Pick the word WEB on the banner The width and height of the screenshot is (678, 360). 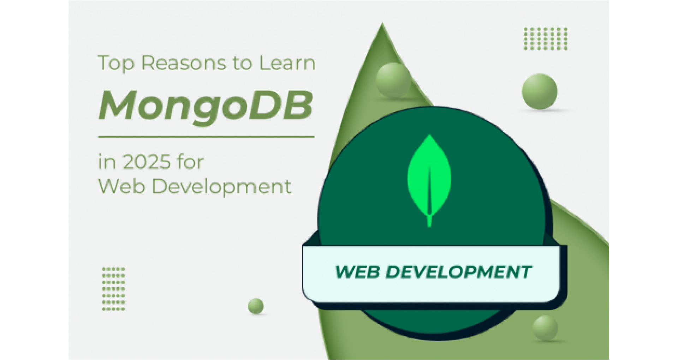[x=357, y=272]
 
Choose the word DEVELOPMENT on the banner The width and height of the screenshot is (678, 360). [x=458, y=272]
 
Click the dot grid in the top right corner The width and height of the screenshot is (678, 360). [x=546, y=39]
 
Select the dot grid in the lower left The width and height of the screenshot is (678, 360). [x=113, y=289]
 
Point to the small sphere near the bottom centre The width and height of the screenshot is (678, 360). [x=256, y=306]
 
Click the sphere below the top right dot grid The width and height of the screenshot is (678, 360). [x=540, y=91]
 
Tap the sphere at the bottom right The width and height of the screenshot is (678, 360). [x=545, y=328]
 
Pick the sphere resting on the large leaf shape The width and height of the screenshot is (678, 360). [x=393, y=80]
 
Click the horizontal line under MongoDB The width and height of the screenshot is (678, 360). [x=206, y=137]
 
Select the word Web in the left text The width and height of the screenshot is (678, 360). [x=121, y=186]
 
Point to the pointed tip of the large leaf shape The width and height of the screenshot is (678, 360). [x=382, y=23]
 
